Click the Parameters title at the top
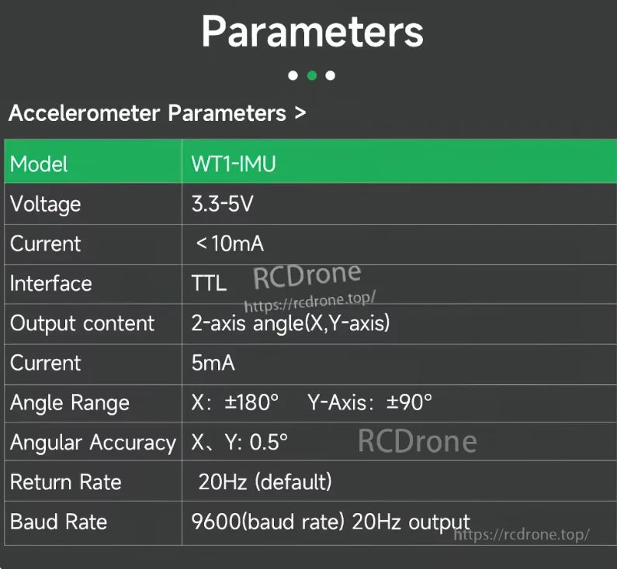[x=312, y=33]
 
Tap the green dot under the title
[x=311, y=75]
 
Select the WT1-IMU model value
[x=234, y=164]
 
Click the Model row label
[x=39, y=164]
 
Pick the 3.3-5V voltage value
[x=223, y=204]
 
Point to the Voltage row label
[x=45, y=204]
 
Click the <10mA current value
[x=230, y=243]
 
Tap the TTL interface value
[x=209, y=284]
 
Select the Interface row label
[x=50, y=284]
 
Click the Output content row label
[x=82, y=323]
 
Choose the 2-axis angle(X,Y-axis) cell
[x=290, y=323]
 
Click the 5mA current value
[x=213, y=363]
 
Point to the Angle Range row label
[x=69, y=403]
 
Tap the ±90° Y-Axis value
[x=410, y=403]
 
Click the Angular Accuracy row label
[x=92, y=443]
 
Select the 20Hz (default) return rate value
[x=265, y=482]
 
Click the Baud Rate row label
[x=58, y=522]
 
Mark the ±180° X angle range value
[x=251, y=403]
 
